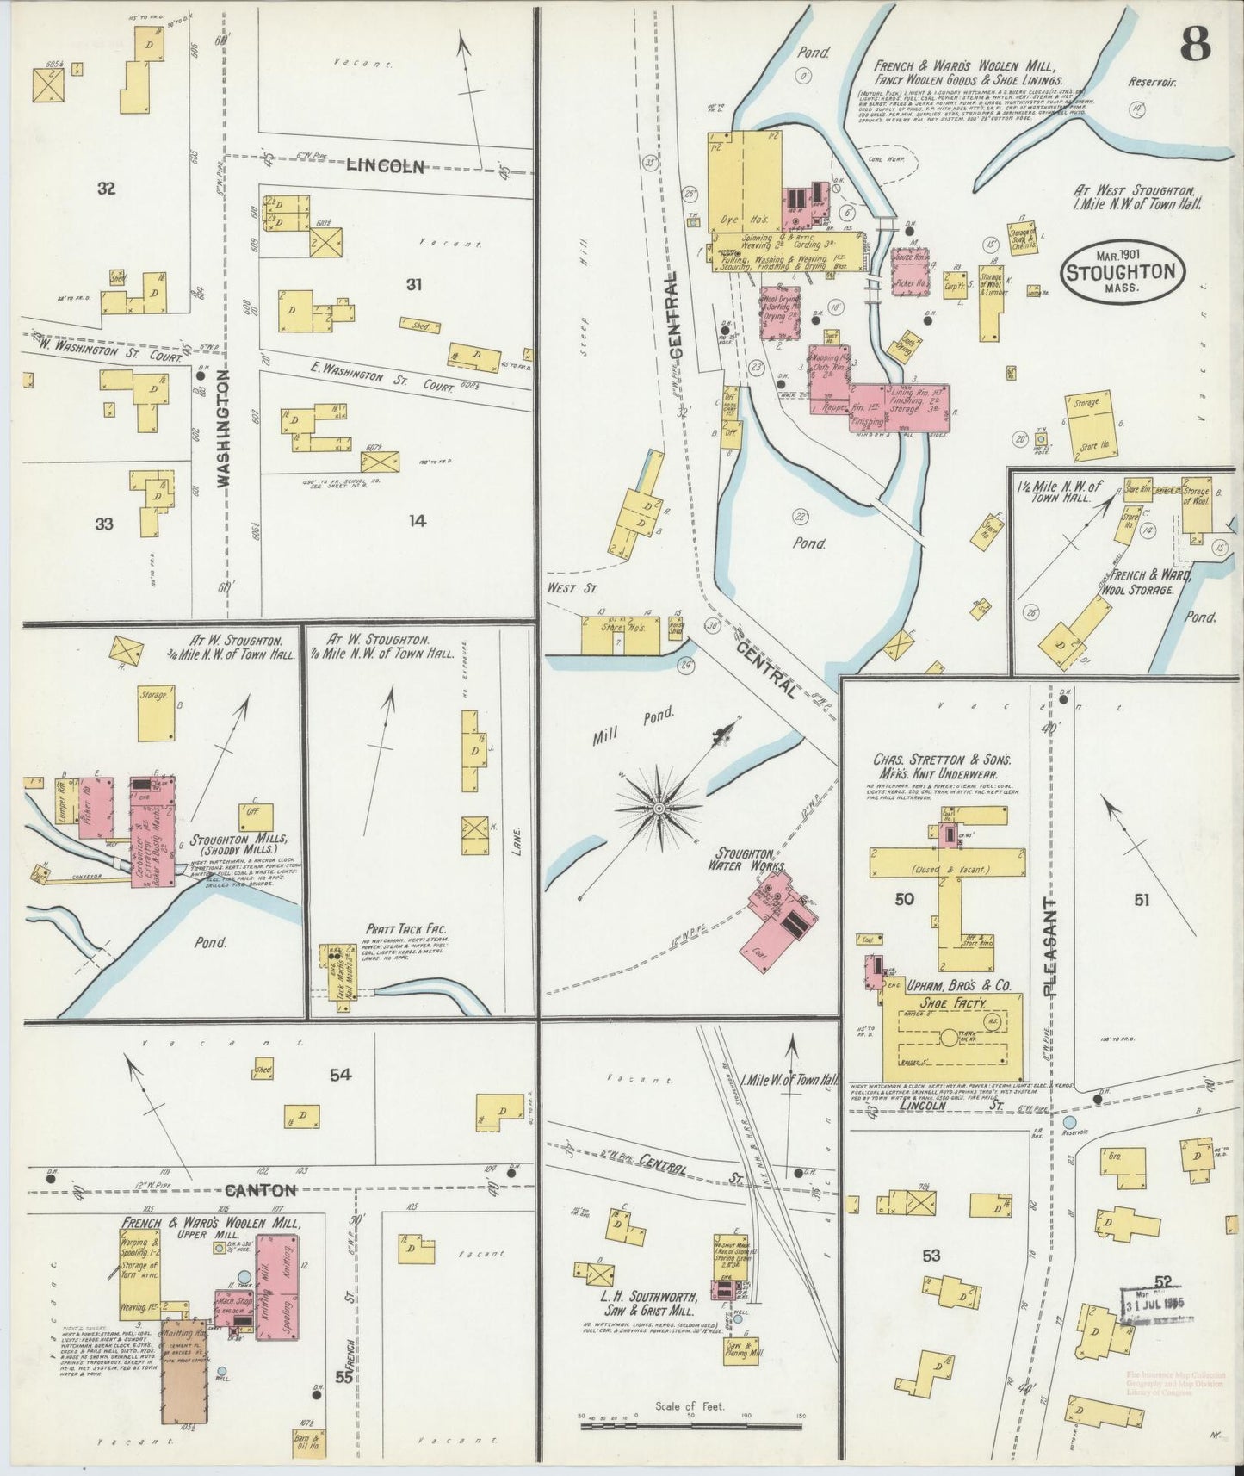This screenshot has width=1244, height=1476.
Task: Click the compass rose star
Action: click(x=659, y=808)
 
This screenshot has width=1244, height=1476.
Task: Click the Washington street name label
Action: click(x=226, y=429)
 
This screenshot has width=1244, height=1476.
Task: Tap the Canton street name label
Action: click(x=262, y=1191)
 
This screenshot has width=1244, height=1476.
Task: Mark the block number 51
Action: click(x=1142, y=900)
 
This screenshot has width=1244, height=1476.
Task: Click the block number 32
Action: click(x=106, y=189)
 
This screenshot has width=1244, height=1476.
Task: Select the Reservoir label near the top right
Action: click(x=1154, y=84)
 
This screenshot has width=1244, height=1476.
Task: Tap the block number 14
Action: click(x=418, y=520)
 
